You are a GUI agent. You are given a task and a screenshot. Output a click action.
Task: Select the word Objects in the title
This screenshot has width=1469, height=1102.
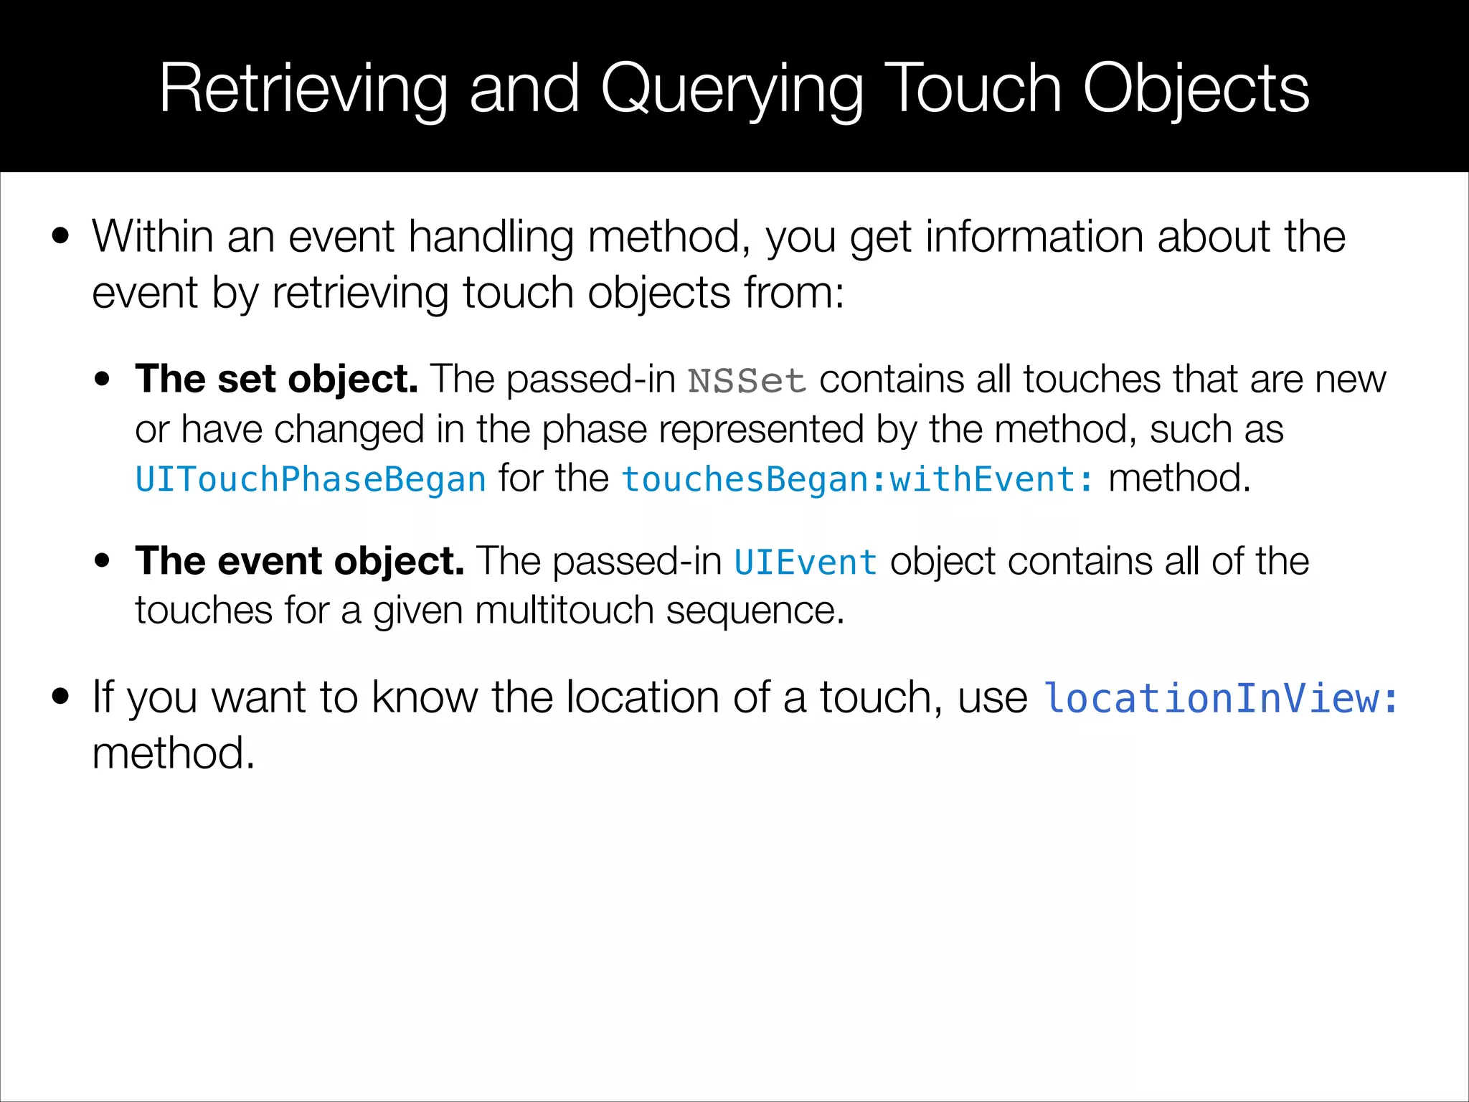1196,90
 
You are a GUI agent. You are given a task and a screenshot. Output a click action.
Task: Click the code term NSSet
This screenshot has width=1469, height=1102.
747,381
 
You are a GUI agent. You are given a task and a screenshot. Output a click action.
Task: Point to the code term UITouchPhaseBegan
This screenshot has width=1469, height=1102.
311,480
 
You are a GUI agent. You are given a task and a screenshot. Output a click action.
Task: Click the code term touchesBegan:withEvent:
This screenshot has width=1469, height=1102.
858,480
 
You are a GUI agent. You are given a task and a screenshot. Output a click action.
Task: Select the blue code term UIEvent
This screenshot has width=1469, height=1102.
805,562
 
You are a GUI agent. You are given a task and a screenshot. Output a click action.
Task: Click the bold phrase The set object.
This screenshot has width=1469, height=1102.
276,379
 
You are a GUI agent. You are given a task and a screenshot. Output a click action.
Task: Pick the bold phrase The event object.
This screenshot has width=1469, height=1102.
300,561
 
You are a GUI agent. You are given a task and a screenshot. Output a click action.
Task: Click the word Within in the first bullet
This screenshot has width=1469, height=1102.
153,236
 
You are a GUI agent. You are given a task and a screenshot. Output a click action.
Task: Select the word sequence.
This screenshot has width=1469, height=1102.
755,611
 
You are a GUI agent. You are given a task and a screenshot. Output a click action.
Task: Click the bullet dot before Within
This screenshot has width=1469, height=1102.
61,236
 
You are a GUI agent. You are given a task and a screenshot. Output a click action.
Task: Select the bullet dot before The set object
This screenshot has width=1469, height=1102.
103,379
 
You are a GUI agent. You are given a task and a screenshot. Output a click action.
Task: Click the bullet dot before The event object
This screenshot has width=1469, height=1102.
103,560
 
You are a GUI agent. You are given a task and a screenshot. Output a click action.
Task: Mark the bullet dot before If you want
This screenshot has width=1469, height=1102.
61,696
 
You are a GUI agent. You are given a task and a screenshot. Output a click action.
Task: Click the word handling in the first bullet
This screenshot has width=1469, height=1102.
491,237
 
